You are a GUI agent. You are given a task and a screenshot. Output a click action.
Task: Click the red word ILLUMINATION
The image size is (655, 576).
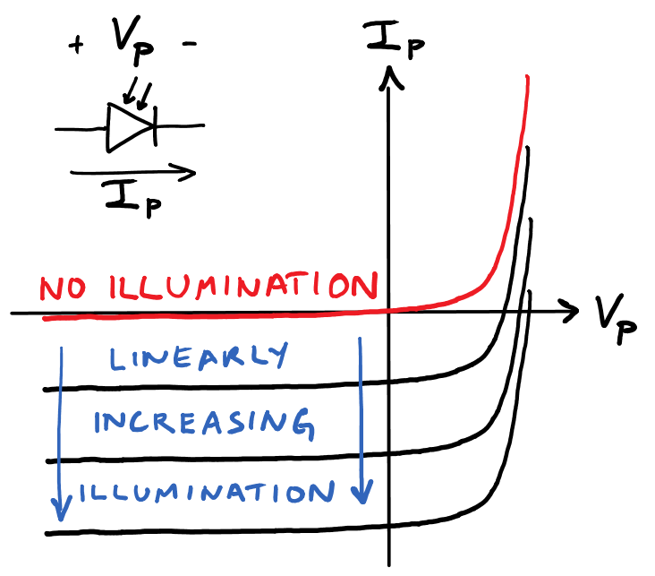[x=241, y=288]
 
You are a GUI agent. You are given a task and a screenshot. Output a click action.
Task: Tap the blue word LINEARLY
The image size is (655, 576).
[x=199, y=357]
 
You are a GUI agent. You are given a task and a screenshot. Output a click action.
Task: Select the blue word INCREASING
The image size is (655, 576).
[x=204, y=424]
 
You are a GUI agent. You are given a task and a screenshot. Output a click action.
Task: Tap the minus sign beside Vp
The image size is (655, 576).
[x=190, y=45]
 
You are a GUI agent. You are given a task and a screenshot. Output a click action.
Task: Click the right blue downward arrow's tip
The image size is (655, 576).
[x=362, y=499]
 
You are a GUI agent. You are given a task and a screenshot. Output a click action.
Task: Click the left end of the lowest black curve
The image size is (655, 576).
[x=47, y=534]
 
